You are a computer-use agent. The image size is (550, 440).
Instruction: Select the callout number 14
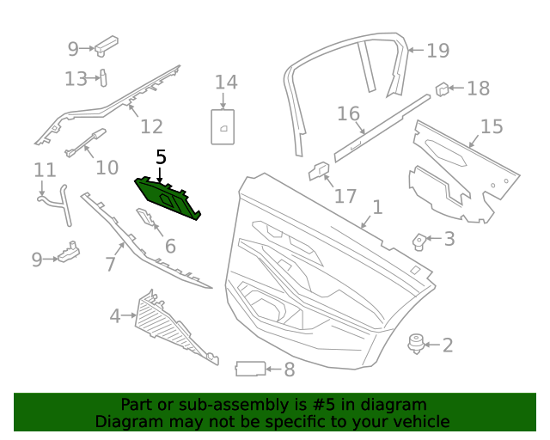click(226, 82)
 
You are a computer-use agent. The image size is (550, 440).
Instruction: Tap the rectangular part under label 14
click(223, 125)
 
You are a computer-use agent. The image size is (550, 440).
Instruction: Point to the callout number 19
click(437, 51)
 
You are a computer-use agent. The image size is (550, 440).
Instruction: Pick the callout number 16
click(348, 113)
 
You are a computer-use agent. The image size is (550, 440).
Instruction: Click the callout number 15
click(491, 127)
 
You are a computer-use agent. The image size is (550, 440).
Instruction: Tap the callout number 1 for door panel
click(376, 207)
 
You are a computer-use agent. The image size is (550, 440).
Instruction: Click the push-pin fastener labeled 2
click(417, 345)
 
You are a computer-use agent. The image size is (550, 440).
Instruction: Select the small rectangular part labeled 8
click(249, 370)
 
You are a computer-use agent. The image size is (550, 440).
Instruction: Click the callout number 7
click(109, 264)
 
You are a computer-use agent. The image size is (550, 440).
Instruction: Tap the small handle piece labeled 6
click(148, 225)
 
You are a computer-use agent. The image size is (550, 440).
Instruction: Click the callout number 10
click(107, 167)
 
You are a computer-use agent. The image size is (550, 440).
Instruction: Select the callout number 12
click(151, 127)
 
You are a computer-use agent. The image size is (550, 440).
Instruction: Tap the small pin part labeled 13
click(102, 78)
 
